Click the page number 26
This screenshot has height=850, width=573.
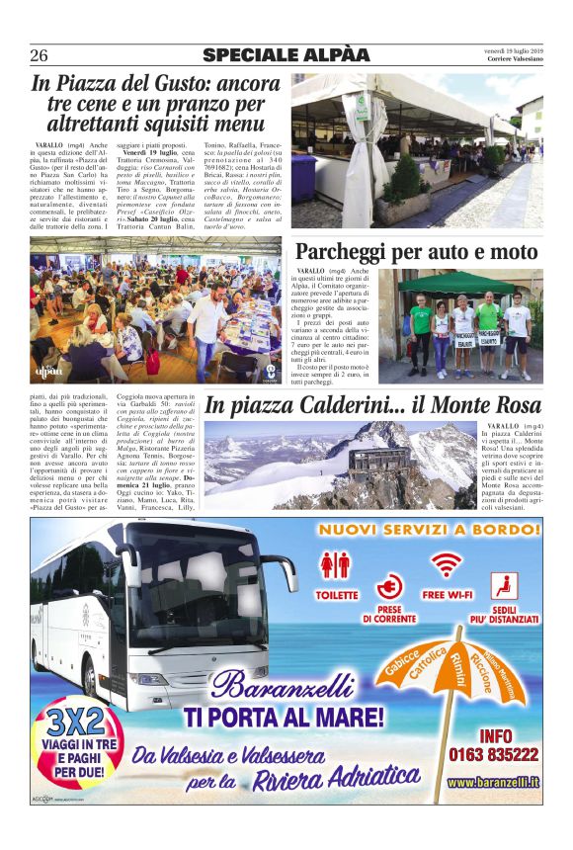click(x=40, y=54)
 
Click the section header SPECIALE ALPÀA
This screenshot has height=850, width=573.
click(x=286, y=54)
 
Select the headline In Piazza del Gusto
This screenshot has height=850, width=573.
click(x=156, y=104)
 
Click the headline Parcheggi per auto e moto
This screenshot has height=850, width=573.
click(x=416, y=253)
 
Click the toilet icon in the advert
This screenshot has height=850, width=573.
click(x=336, y=565)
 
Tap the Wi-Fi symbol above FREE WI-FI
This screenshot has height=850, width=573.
click(x=448, y=564)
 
